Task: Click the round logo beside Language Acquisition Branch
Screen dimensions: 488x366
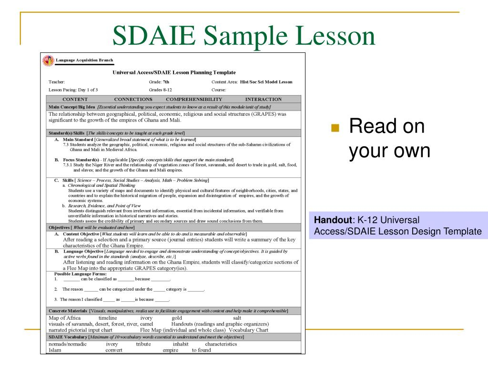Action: click(x=48, y=61)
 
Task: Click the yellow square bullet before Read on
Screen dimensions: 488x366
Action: click(x=335, y=128)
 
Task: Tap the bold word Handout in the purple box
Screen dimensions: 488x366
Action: click(x=333, y=220)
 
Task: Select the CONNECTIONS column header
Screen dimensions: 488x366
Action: click(x=133, y=99)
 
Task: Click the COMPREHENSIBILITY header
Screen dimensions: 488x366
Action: click(x=194, y=99)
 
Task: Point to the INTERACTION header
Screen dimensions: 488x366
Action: click(x=263, y=99)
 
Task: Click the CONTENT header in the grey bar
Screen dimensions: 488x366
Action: click(x=75, y=99)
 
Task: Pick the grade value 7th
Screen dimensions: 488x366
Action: click(x=166, y=82)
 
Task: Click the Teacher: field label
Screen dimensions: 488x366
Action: click(x=57, y=82)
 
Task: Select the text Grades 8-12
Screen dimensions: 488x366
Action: click(x=160, y=90)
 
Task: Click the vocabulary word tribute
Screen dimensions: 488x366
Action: click(x=143, y=344)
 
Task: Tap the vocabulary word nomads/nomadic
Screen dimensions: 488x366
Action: click(x=68, y=344)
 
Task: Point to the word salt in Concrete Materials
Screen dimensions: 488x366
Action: click(x=237, y=318)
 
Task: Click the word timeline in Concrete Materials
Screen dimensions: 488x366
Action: click(x=108, y=318)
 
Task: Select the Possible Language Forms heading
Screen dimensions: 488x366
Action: click(x=80, y=274)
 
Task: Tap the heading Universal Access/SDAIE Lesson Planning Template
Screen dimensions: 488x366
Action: click(x=174, y=72)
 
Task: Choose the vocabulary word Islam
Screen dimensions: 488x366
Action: click(x=55, y=350)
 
